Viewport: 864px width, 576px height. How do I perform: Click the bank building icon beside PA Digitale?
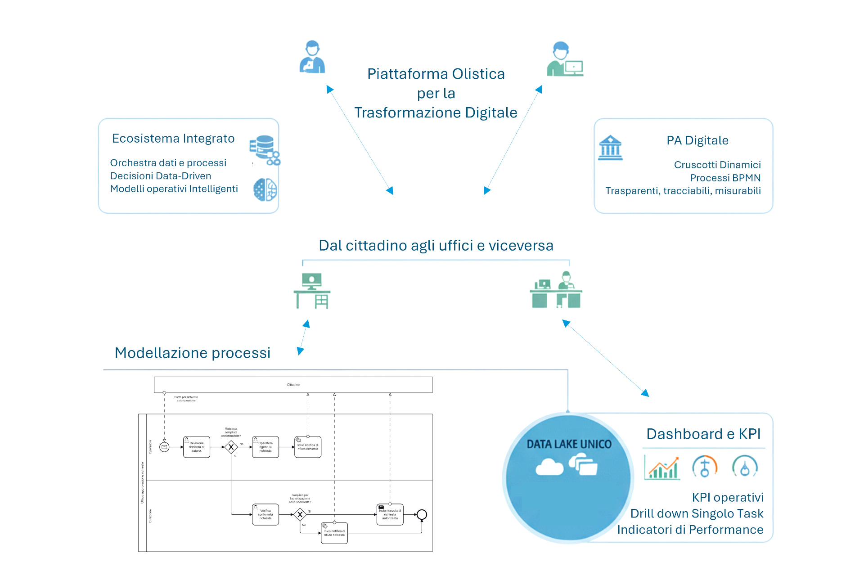point(610,148)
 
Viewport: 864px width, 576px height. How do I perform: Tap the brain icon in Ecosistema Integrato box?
point(265,189)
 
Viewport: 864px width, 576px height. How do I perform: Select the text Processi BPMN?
point(725,178)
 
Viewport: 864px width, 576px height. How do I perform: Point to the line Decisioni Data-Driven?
point(161,176)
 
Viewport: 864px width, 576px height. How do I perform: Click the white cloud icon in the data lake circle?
point(549,467)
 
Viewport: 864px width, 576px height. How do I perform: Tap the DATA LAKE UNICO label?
point(569,445)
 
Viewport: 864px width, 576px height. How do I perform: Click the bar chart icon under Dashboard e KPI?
point(662,468)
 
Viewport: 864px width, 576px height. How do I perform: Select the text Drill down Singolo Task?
point(697,513)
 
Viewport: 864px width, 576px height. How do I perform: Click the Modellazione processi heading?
point(193,353)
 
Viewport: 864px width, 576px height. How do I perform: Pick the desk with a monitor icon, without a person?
point(312,291)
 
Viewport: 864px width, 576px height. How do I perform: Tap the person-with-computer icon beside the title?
point(565,60)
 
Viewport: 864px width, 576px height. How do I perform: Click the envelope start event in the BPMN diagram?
point(164,447)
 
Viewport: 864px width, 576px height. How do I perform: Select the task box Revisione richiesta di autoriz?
point(197,447)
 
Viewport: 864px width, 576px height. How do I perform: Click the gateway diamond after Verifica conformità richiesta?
point(300,514)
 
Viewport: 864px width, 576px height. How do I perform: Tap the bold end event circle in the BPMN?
point(422,514)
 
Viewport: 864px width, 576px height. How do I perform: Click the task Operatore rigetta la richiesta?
point(265,447)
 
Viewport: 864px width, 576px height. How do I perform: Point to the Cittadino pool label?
point(293,385)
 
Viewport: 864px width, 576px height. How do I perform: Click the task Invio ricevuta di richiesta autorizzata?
point(390,514)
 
